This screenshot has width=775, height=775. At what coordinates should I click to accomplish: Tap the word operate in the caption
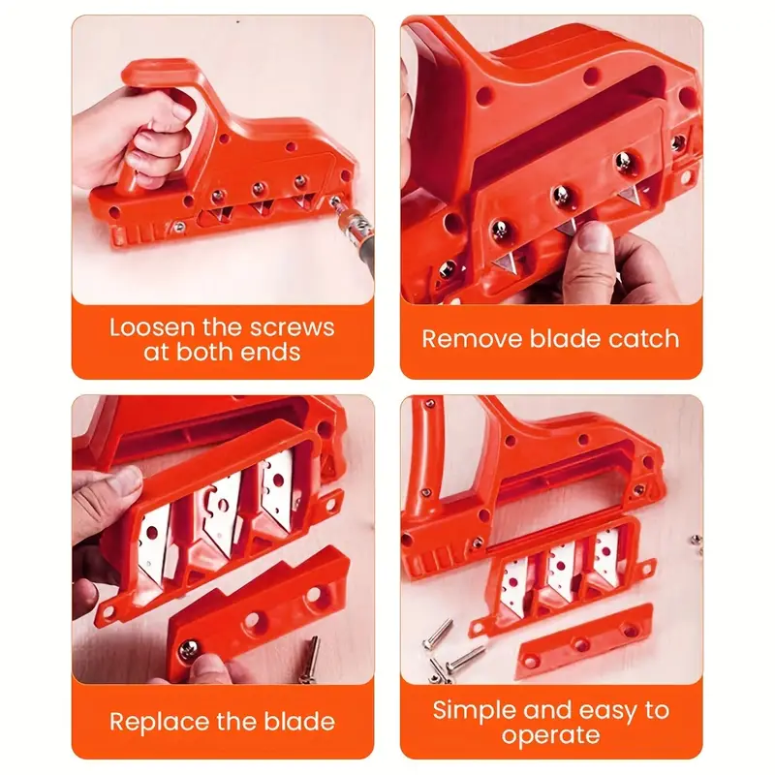[x=550, y=735]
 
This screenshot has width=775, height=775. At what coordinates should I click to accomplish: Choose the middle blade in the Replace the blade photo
[x=221, y=512]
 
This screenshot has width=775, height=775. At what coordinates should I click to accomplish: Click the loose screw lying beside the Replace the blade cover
[x=311, y=660]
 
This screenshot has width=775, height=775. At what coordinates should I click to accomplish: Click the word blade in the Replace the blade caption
[x=299, y=722]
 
